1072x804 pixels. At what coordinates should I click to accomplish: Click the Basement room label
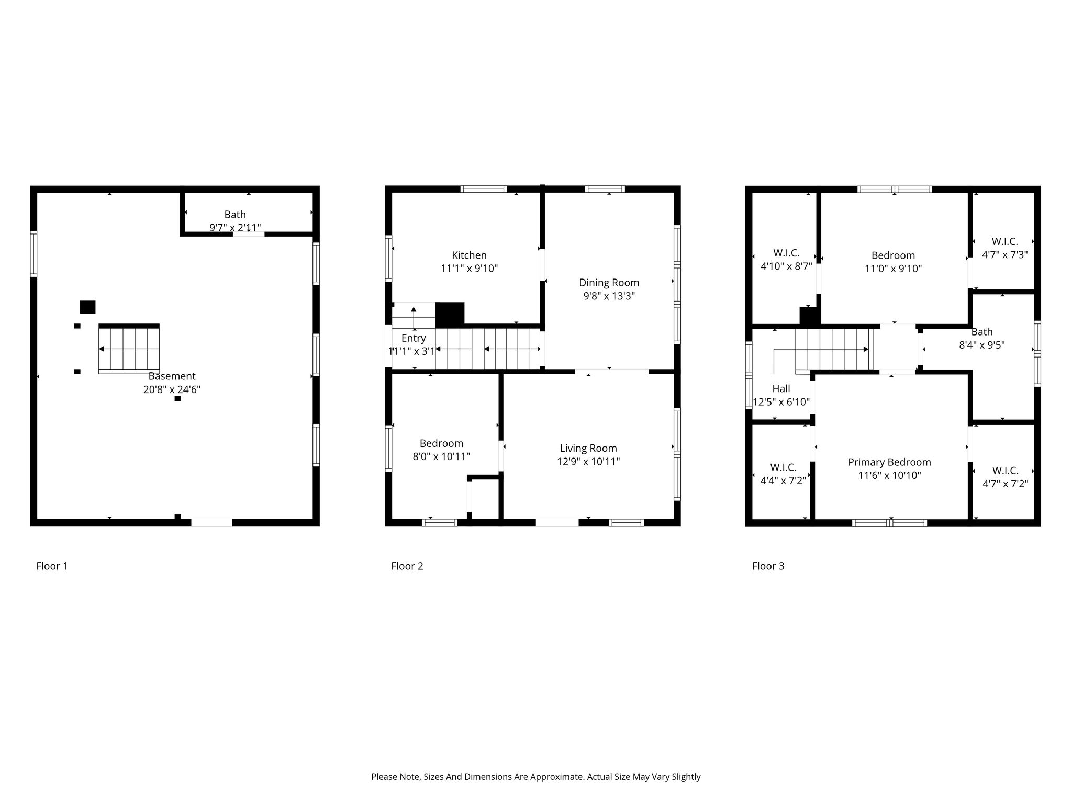pos(172,376)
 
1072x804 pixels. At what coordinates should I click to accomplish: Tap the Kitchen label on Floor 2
pos(469,255)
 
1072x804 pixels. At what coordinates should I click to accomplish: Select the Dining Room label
pos(609,283)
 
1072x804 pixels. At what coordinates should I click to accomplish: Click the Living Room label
pos(588,448)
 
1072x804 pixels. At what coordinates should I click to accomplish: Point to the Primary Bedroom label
pos(889,462)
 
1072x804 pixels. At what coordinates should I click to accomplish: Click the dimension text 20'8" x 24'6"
pos(172,389)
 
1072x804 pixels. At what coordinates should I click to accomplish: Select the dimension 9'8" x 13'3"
pos(609,296)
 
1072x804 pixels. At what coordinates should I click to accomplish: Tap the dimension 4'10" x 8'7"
pos(786,266)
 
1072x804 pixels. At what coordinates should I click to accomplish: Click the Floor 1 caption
pos(52,566)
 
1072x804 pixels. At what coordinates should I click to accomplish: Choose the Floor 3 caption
pos(768,566)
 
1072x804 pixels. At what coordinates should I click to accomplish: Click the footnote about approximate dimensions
pos(535,777)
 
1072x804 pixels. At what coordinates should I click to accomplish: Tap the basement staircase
pos(129,349)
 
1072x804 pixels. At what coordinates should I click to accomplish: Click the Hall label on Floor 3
pos(781,388)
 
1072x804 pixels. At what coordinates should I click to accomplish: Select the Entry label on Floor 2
pos(413,338)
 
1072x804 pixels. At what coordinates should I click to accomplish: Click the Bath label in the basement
pos(235,214)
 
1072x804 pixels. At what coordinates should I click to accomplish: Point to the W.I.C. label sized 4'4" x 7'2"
pos(783,467)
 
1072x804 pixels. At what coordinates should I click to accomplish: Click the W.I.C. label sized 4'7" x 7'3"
pos(1004,241)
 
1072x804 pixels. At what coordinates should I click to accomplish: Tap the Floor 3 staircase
pos(834,349)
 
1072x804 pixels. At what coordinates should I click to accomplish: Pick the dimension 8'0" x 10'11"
pos(441,456)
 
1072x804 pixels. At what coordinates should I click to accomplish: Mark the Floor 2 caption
pos(407,566)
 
